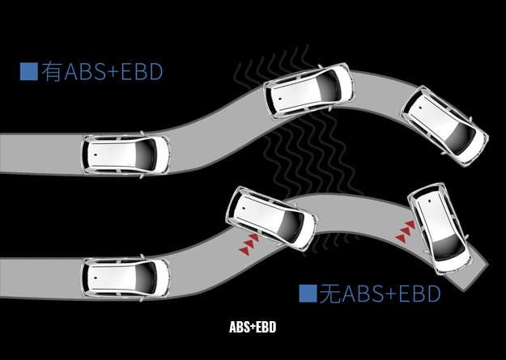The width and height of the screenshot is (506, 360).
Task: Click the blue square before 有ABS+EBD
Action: [28, 71]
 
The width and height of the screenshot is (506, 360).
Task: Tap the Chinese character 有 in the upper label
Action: [51, 71]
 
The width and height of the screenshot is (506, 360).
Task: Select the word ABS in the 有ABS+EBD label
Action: [83, 71]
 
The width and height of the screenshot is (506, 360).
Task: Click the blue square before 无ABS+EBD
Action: [307, 293]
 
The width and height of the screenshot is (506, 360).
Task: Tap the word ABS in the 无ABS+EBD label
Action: [362, 293]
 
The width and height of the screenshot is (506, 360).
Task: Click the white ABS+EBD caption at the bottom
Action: [253, 328]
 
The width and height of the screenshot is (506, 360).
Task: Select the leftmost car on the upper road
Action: [125, 153]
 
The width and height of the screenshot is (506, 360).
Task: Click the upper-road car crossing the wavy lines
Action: [309, 90]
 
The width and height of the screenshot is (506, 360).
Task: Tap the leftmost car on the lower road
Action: [125, 277]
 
